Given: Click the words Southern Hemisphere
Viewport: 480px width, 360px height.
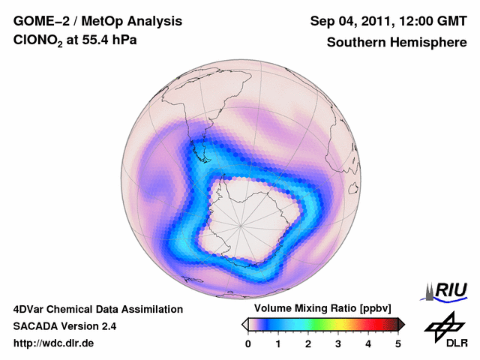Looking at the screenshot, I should click(x=395, y=43).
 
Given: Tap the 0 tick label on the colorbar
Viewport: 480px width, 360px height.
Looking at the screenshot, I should click(x=248, y=343).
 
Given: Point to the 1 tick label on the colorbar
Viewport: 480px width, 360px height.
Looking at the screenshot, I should click(x=278, y=343).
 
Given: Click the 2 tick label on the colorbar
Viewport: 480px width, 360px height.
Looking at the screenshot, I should click(x=308, y=343).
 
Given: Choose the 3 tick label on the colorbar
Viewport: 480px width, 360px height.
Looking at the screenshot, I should click(x=338, y=343).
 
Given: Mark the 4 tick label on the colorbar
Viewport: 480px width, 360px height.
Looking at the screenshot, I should click(x=368, y=343).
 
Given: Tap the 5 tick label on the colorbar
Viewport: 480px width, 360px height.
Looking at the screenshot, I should click(x=398, y=343).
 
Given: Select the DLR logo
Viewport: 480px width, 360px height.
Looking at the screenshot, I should click(x=444, y=330).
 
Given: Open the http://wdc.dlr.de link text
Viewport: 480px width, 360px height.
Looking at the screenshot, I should click(x=54, y=343).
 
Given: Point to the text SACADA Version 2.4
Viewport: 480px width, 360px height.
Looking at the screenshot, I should click(x=64, y=326).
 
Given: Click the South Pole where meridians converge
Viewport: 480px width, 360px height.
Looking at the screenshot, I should click(x=241, y=225).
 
